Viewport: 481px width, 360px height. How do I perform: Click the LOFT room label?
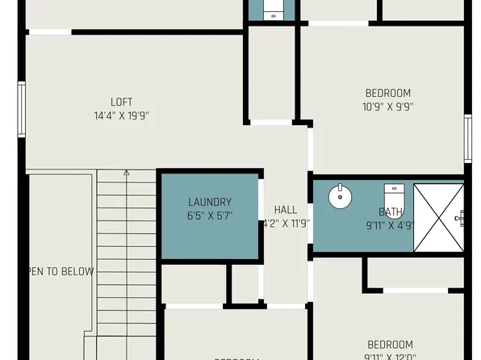point(121,102)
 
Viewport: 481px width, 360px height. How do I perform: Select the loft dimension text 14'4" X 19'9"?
point(121,115)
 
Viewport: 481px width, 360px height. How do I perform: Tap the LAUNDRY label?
point(210,202)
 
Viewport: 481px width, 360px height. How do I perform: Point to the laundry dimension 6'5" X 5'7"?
point(210,216)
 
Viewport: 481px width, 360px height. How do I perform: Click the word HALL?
point(286,209)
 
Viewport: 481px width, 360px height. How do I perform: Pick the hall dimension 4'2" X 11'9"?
point(287,224)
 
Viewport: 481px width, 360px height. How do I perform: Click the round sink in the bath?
point(340,195)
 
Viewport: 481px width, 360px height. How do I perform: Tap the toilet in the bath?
point(393,196)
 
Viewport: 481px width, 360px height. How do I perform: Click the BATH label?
point(391,212)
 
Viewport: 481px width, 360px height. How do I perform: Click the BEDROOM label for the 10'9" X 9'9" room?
point(387,92)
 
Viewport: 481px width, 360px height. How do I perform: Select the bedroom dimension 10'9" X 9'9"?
point(387,106)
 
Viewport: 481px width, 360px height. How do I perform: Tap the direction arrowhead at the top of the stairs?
point(126,172)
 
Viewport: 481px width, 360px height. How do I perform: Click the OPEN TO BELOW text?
point(61,271)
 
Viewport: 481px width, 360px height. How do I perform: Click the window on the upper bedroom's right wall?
point(467,138)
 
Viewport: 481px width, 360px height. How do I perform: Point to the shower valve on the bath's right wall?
point(461,216)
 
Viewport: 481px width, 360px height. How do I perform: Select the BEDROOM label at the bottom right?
point(390,344)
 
